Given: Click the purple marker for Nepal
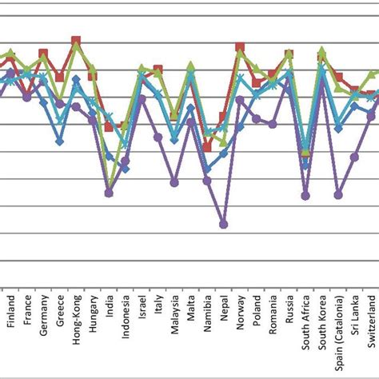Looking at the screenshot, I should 224,225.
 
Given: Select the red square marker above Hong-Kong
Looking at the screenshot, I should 76,40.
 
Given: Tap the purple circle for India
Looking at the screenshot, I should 110,193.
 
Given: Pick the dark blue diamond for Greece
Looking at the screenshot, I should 60,142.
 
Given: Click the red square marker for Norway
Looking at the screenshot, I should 240,47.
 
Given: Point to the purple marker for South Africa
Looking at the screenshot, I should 305,196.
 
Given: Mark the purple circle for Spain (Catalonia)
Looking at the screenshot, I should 338,194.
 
